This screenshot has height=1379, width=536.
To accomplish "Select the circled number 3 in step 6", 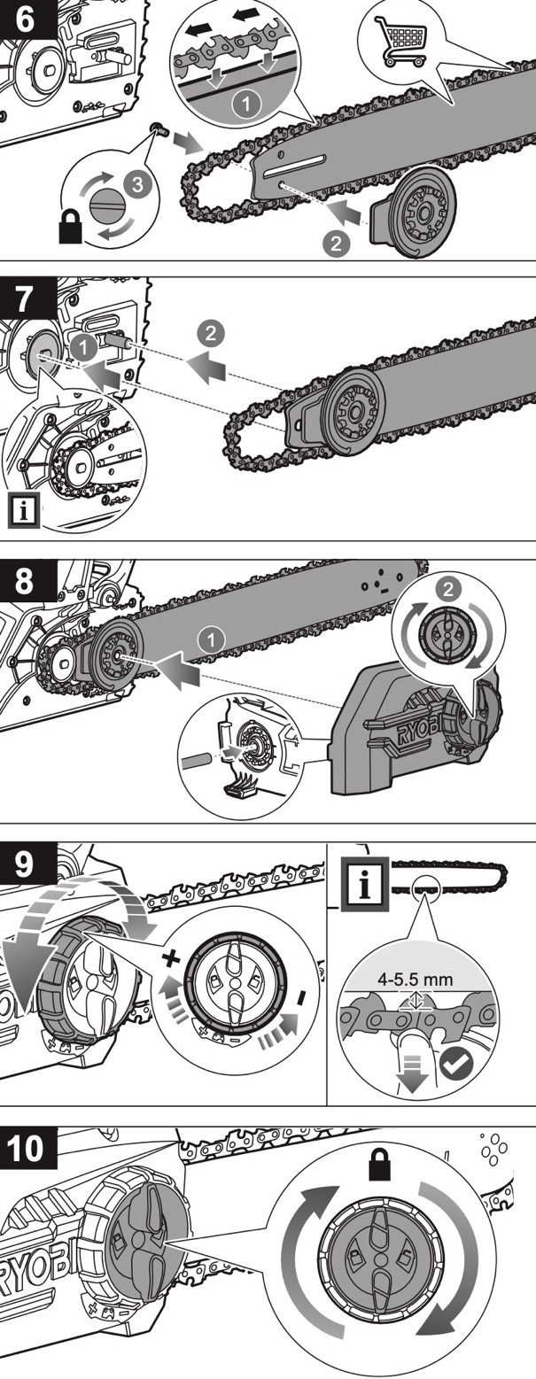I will point(134,184).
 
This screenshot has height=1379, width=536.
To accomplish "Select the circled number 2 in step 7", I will point(212,334).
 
